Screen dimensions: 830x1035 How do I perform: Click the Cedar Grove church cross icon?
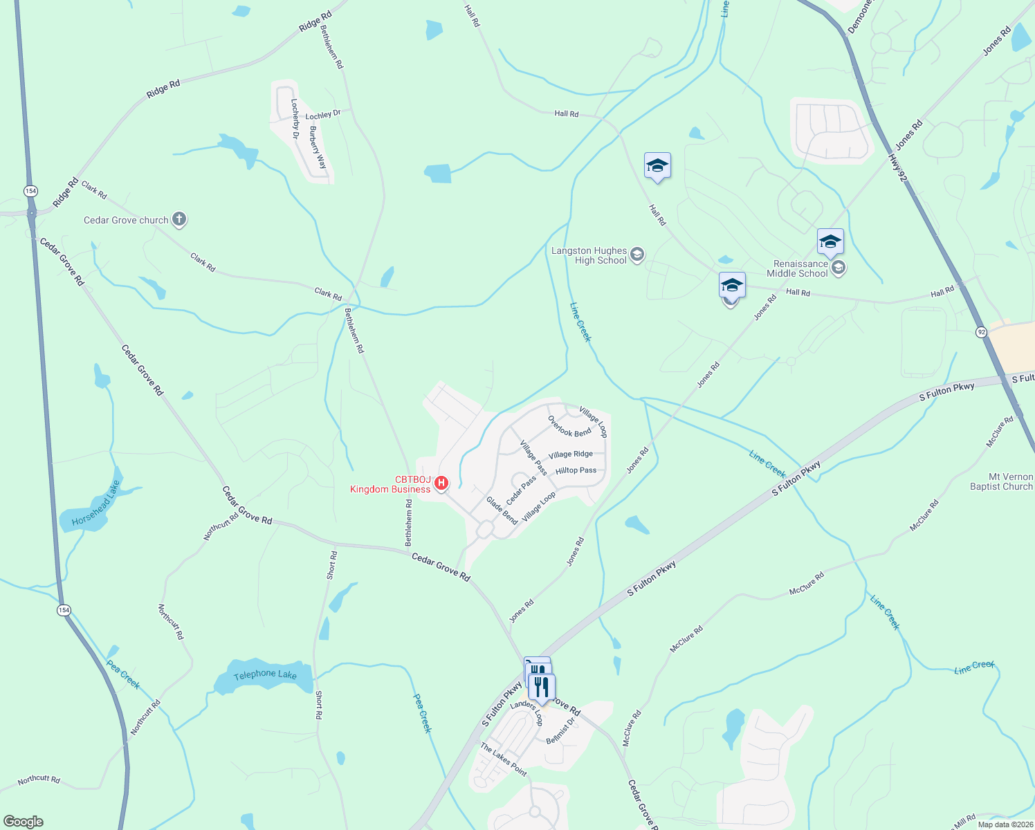(179, 220)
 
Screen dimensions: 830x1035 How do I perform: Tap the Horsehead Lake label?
(96, 503)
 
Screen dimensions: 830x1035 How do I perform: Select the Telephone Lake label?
(265, 674)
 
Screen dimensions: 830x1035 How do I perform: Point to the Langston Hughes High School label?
(589, 256)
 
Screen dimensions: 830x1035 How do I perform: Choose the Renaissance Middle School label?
(800, 268)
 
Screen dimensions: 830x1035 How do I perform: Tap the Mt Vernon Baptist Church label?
(1001, 482)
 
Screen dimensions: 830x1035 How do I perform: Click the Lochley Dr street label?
(323, 115)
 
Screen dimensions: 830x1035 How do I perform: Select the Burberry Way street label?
(318, 147)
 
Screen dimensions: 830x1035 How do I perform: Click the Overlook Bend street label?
(569, 426)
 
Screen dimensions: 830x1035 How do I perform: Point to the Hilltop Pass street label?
(576, 470)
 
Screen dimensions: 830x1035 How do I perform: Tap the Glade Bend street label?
(502, 510)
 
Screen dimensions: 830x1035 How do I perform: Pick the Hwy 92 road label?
(897, 167)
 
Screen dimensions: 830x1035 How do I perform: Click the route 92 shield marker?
(982, 333)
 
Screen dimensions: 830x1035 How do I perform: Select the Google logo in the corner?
(24, 822)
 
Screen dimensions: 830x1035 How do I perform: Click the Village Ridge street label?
(571, 454)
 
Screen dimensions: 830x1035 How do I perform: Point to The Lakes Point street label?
(504, 759)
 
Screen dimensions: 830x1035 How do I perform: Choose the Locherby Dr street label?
(294, 118)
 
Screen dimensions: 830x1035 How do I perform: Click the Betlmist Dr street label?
(560, 731)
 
